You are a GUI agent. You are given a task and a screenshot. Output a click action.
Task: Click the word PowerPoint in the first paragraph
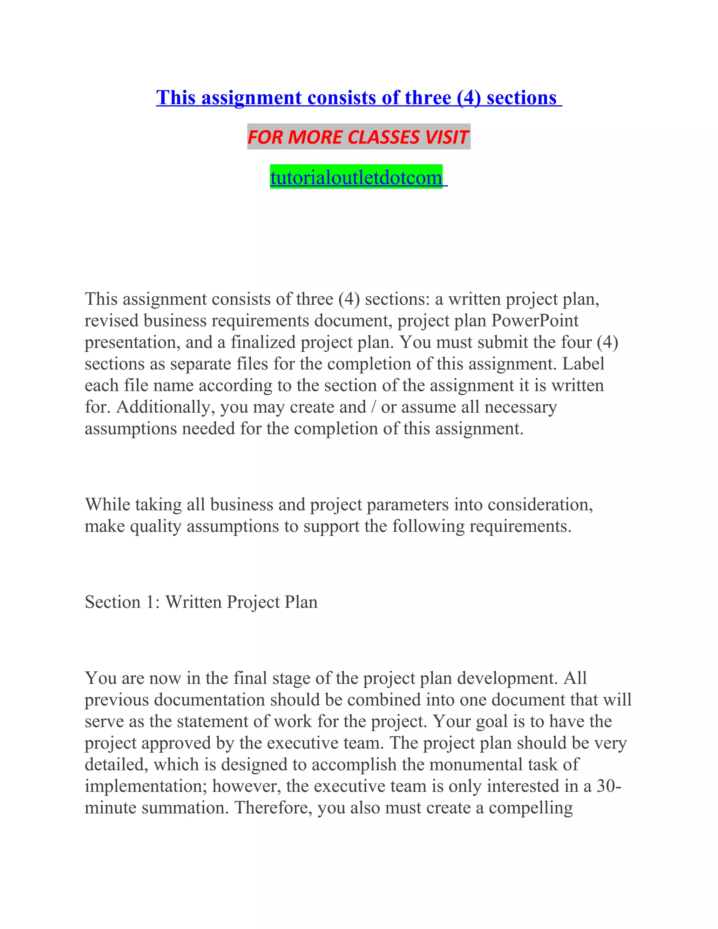click(535, 320)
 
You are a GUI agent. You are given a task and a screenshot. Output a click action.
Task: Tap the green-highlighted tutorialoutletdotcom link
click(357, 177)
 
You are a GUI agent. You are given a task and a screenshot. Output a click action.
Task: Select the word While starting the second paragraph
click(108, 504)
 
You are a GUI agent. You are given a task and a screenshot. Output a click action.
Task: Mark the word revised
click(111, 320)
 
